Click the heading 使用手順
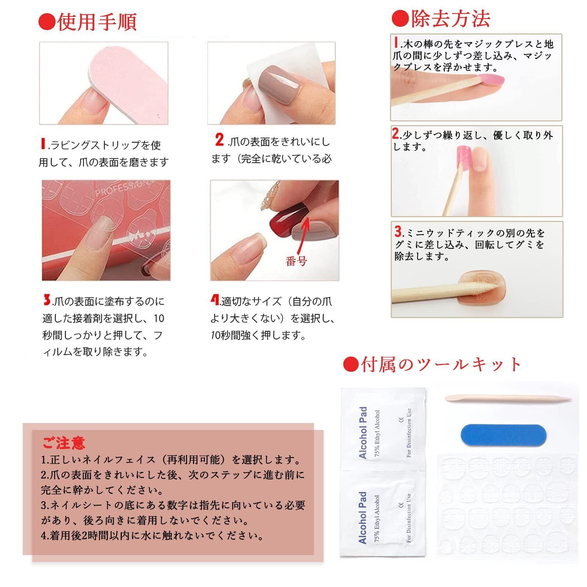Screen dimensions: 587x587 coord(97,22)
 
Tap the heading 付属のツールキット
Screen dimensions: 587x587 coord(441,364)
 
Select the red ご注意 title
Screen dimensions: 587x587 coord(63,443)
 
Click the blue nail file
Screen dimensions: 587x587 coord(503,435)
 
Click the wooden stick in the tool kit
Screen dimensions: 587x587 coord(508,399)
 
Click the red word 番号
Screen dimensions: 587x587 coord(296,261)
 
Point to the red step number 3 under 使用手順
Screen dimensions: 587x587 coord(47,300)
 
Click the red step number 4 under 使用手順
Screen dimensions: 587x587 coord(215,300)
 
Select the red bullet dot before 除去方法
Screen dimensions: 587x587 coord(400,19)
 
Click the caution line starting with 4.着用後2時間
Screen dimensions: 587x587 coord(153,536)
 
